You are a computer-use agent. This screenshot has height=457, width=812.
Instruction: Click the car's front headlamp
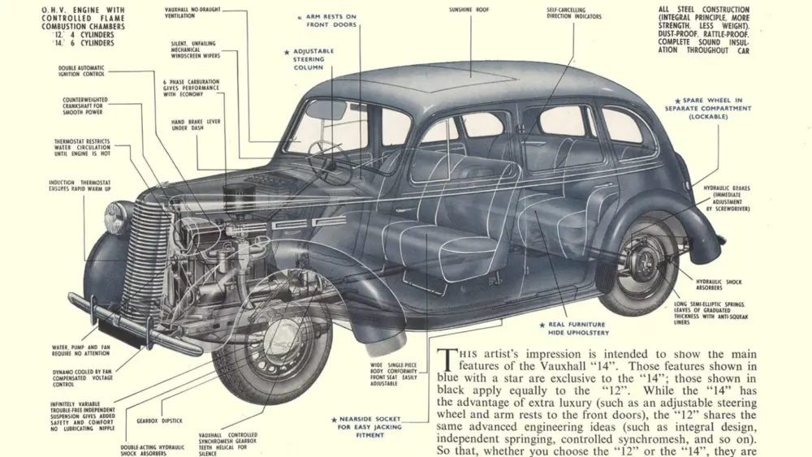[x=117, y=218]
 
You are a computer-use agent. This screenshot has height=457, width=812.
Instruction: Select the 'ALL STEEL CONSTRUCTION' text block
[x=705, y=30]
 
